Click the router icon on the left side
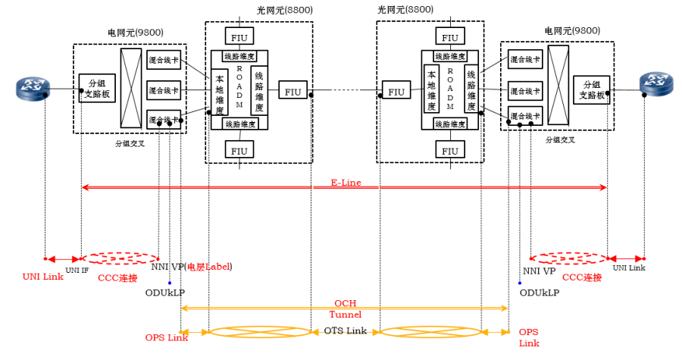31,90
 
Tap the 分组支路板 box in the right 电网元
590,89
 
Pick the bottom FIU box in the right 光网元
450,150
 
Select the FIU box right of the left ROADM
293,92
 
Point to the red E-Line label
345,182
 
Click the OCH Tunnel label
345,308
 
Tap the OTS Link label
345,331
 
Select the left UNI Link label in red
42,276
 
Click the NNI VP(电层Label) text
191,267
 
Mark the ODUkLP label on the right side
539,292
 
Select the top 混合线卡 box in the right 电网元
524,60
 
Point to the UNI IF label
77,269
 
